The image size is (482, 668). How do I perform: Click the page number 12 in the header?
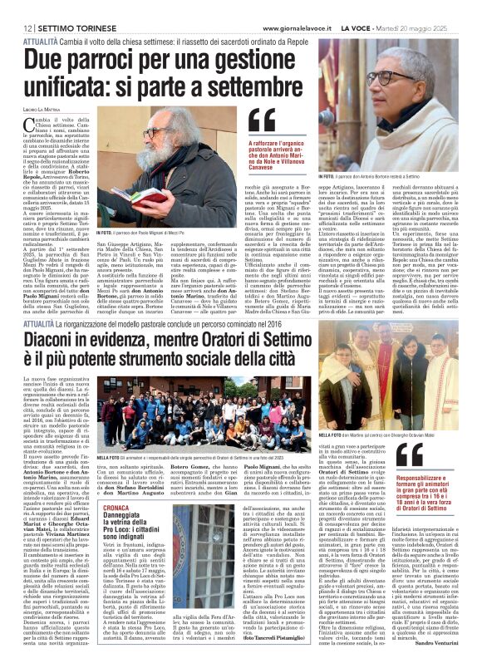coord(16,7)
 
